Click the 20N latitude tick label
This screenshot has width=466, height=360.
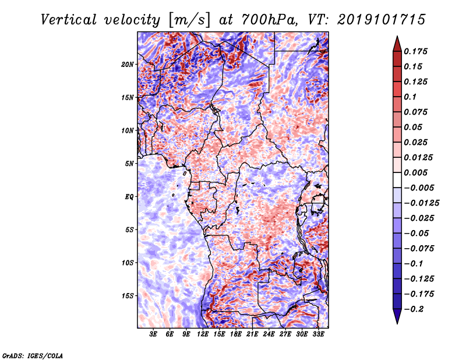click(128, 65)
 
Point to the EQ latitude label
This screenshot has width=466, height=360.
click(129, 197)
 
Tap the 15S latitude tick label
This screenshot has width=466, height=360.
click(128, 296)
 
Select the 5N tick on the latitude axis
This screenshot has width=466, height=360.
click(129, 164)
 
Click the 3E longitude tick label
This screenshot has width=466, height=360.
click(153, 334)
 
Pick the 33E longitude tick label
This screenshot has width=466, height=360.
click(318, 334)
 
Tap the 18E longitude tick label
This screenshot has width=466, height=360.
click(236, 334)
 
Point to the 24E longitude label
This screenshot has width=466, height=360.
click(269, 334)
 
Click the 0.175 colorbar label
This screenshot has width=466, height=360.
click(415, 51)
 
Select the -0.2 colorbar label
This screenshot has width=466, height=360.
click(414, 309)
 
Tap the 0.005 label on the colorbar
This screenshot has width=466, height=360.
click(415, 172)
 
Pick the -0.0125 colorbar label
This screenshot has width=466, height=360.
click(421, 203)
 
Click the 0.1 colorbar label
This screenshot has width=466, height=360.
click(410, 97)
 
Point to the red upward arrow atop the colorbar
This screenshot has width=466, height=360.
click(397, 44)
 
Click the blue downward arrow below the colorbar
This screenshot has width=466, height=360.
click(397, 316)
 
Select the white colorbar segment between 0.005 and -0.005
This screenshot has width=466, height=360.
click(397, 180)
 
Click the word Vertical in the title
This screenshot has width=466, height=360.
click(69, 20)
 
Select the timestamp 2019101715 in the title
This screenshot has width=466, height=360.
click(382, 20)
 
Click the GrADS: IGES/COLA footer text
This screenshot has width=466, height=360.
click(33, 355)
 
